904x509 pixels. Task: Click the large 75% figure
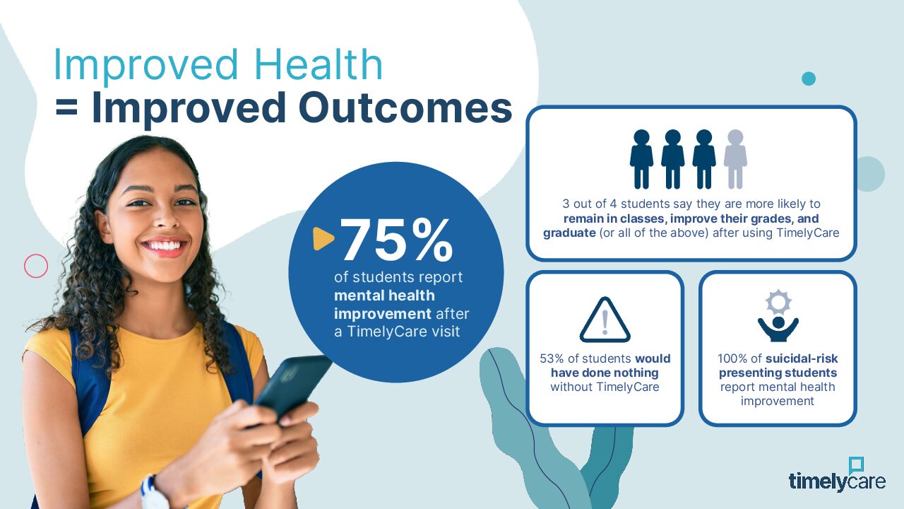click(x=397, y=240)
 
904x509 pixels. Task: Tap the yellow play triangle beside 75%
click(x=323, y=239)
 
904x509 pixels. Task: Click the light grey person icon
click(x=735, y=159)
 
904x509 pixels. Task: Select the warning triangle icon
click(x=605, y=320)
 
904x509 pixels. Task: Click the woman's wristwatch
click(x=153, y=492)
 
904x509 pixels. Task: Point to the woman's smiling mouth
click(x=165, y=247)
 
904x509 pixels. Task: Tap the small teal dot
click(x=809, y=78)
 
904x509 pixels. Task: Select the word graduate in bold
click(x=569, y=233)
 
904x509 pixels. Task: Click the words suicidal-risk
click(x=802, y=358)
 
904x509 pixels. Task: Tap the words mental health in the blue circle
click(x=385, y=296)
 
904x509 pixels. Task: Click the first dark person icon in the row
click(x=641, y=159)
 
